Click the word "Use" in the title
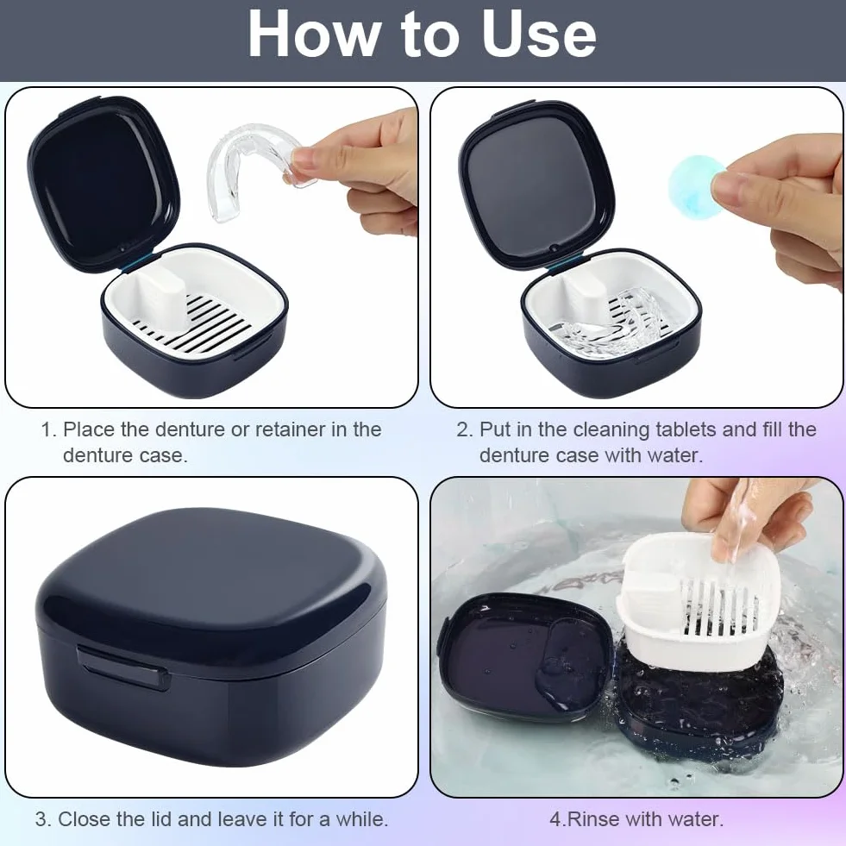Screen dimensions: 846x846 click(539, 34)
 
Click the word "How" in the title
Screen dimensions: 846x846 click(313, 34)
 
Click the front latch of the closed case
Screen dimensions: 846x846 click(123, 667)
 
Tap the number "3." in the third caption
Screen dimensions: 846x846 click(43, 819)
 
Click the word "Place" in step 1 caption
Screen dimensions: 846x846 click(89, 429)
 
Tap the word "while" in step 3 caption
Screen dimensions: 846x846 click(361, 819)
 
